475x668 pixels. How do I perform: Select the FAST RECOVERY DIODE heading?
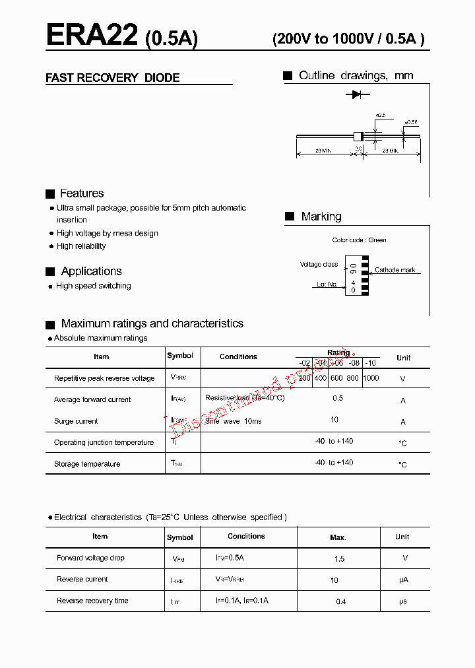pyautogui.click(x=112, y=78)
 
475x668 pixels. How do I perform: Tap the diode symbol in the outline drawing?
pyautogui.click(x=357, y=94)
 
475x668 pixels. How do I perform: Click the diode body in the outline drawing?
pyautogui.click(x=358, y=136)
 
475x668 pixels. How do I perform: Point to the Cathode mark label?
pyautogui.click(x=395, y=270)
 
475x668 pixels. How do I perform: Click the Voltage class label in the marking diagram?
pyautogui.click(x=319, y=265)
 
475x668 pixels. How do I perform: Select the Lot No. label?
pyautogui.click(x=327, y=284)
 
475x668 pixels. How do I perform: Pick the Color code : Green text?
pyautogui.click(x=359, y=240)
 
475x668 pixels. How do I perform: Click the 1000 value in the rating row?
pyautogui.click(x=371, y=378)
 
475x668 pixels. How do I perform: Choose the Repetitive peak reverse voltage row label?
pyautogui.click(x=104, y=379)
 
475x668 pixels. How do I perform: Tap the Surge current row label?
pyautogui.click(x=76, y=421)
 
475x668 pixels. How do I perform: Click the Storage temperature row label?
pyautogui.click(x=87, y=464)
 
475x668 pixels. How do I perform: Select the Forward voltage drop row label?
pyautogui.click(x=90, y=558)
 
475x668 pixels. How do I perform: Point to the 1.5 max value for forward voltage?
pyautogui.click(x=339, y=559)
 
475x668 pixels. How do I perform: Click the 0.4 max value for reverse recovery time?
pyautogui.click(x=340, y=601)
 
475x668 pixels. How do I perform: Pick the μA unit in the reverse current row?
pyautogui.click(x=404, y=580)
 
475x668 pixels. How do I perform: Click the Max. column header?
pyautogui.click(x=338, y=538)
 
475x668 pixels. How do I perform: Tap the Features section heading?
pyautogui.click(x=82, y=193)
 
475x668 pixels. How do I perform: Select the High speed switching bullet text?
pyautogui.click(x=94, y=286)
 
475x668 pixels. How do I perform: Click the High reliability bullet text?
pyautogui.click(x=81, y=246)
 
